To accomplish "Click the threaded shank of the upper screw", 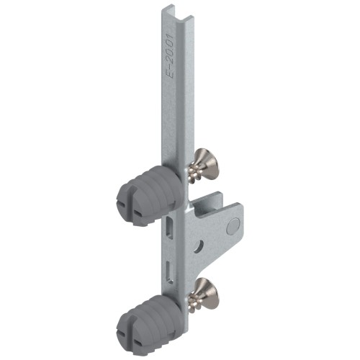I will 195,173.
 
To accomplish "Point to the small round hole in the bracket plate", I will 199,246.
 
